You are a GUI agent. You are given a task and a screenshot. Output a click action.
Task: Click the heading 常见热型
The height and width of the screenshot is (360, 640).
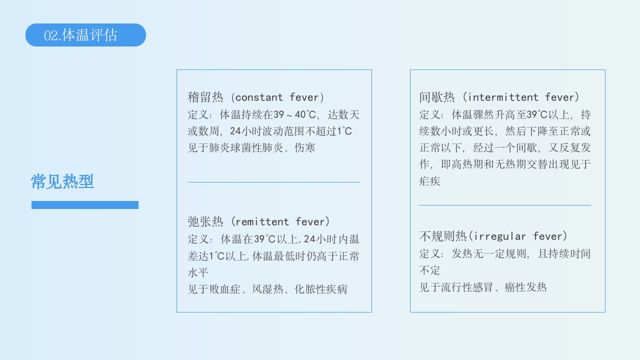point(62,181)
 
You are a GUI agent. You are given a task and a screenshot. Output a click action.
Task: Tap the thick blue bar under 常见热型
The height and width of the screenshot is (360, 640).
point(85,205)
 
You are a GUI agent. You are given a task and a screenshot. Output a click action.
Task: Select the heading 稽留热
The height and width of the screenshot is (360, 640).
point(205,97)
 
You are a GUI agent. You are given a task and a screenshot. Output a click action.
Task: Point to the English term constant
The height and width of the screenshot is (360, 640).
point(259,97)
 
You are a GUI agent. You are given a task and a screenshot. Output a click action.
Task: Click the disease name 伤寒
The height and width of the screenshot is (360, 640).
point(304,148)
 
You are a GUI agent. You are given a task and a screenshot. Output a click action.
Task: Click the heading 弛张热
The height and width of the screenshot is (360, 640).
point(205,221)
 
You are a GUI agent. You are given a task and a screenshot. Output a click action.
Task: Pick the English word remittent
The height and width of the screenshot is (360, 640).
point(262,221)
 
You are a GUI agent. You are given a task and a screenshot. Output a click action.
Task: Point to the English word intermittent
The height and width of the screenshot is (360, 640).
point(503,97)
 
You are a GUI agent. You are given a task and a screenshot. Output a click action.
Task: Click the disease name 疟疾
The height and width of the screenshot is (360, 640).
point(429,181)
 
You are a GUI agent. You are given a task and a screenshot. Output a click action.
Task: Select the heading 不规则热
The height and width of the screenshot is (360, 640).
point(442,236)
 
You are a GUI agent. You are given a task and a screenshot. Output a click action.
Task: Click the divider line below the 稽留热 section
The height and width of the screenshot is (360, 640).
point(273,182)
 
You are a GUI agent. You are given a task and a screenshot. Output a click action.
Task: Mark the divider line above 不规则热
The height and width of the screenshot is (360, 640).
point(504,205)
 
